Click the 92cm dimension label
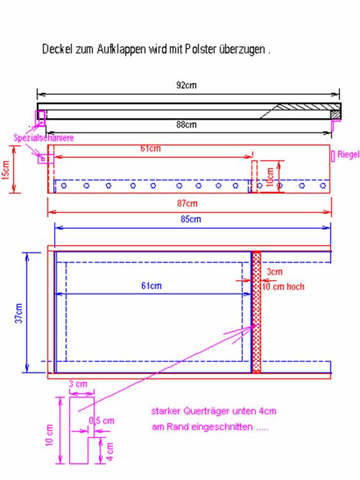pyautogui.click(x=186, y=85)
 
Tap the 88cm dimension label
pyautogui.click(x=186, y=124)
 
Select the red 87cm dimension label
pyautogui.click(x=187, y=203)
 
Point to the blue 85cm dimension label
pyautogui.click(x=190, y=219)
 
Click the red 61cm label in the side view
pyautogui.click(x=151, y=148)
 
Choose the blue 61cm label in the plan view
pyautogui.click(x=151, y=286)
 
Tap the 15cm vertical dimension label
pyautogui.click(x=6, y=170)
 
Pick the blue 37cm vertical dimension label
pyautogui.click(x=19, y=313)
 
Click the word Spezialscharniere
pyautogui.click(x=44, y=138)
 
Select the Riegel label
pyautogui.click(x=348, y=154)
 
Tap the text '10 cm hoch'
pyautogui.click(x=283, y=287)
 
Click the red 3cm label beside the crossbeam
pyautogui.click(x=274, y=271)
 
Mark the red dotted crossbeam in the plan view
pyautogui.click(x=257, y=312)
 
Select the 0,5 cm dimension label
pyautogui.click(x=102, y=420)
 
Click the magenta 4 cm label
pyautogui.click(x=110, y=452)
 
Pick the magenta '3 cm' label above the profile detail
pyautogui.click(x=78, y=383)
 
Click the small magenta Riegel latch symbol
pyautogui.click(x=333, y=156)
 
